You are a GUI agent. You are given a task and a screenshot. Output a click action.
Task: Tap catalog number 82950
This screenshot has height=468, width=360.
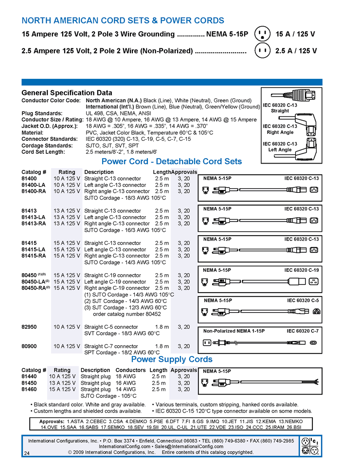click(29, 327)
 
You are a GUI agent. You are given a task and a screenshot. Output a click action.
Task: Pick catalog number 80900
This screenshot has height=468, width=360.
click(29, 346)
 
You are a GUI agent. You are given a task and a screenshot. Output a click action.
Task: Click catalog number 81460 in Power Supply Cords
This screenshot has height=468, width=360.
click(29, 389)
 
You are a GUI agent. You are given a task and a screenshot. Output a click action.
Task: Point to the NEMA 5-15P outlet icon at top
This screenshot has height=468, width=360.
click(263, 34)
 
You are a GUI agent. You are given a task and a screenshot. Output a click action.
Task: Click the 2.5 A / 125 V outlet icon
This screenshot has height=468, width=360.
click(263, 51)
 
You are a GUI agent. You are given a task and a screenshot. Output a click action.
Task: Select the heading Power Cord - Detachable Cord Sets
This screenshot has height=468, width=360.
click(171, 162)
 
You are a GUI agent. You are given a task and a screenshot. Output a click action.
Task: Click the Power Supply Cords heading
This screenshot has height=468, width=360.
click(172, 359)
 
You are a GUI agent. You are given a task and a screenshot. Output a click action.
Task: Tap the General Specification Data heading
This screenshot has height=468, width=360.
click(67, 93)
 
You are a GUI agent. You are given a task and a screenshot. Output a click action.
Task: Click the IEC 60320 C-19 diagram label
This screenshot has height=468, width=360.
click(302, 270)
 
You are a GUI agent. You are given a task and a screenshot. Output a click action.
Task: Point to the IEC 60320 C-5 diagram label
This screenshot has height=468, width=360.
click(303, 300)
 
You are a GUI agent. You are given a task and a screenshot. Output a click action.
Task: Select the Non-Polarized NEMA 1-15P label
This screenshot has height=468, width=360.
click(234, 331)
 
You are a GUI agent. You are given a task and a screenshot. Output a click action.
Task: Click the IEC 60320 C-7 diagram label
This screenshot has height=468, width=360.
click(303, 331)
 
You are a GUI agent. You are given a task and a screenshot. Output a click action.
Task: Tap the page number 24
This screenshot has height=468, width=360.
click(26, 453)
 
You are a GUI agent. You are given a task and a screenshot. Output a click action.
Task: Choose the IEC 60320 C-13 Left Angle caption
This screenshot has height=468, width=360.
click(280, 147)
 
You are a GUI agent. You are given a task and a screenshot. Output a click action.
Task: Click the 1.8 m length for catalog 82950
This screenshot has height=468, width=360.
click(162, 327)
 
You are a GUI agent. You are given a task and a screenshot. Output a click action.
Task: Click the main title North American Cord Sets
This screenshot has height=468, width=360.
click(123, 20)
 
